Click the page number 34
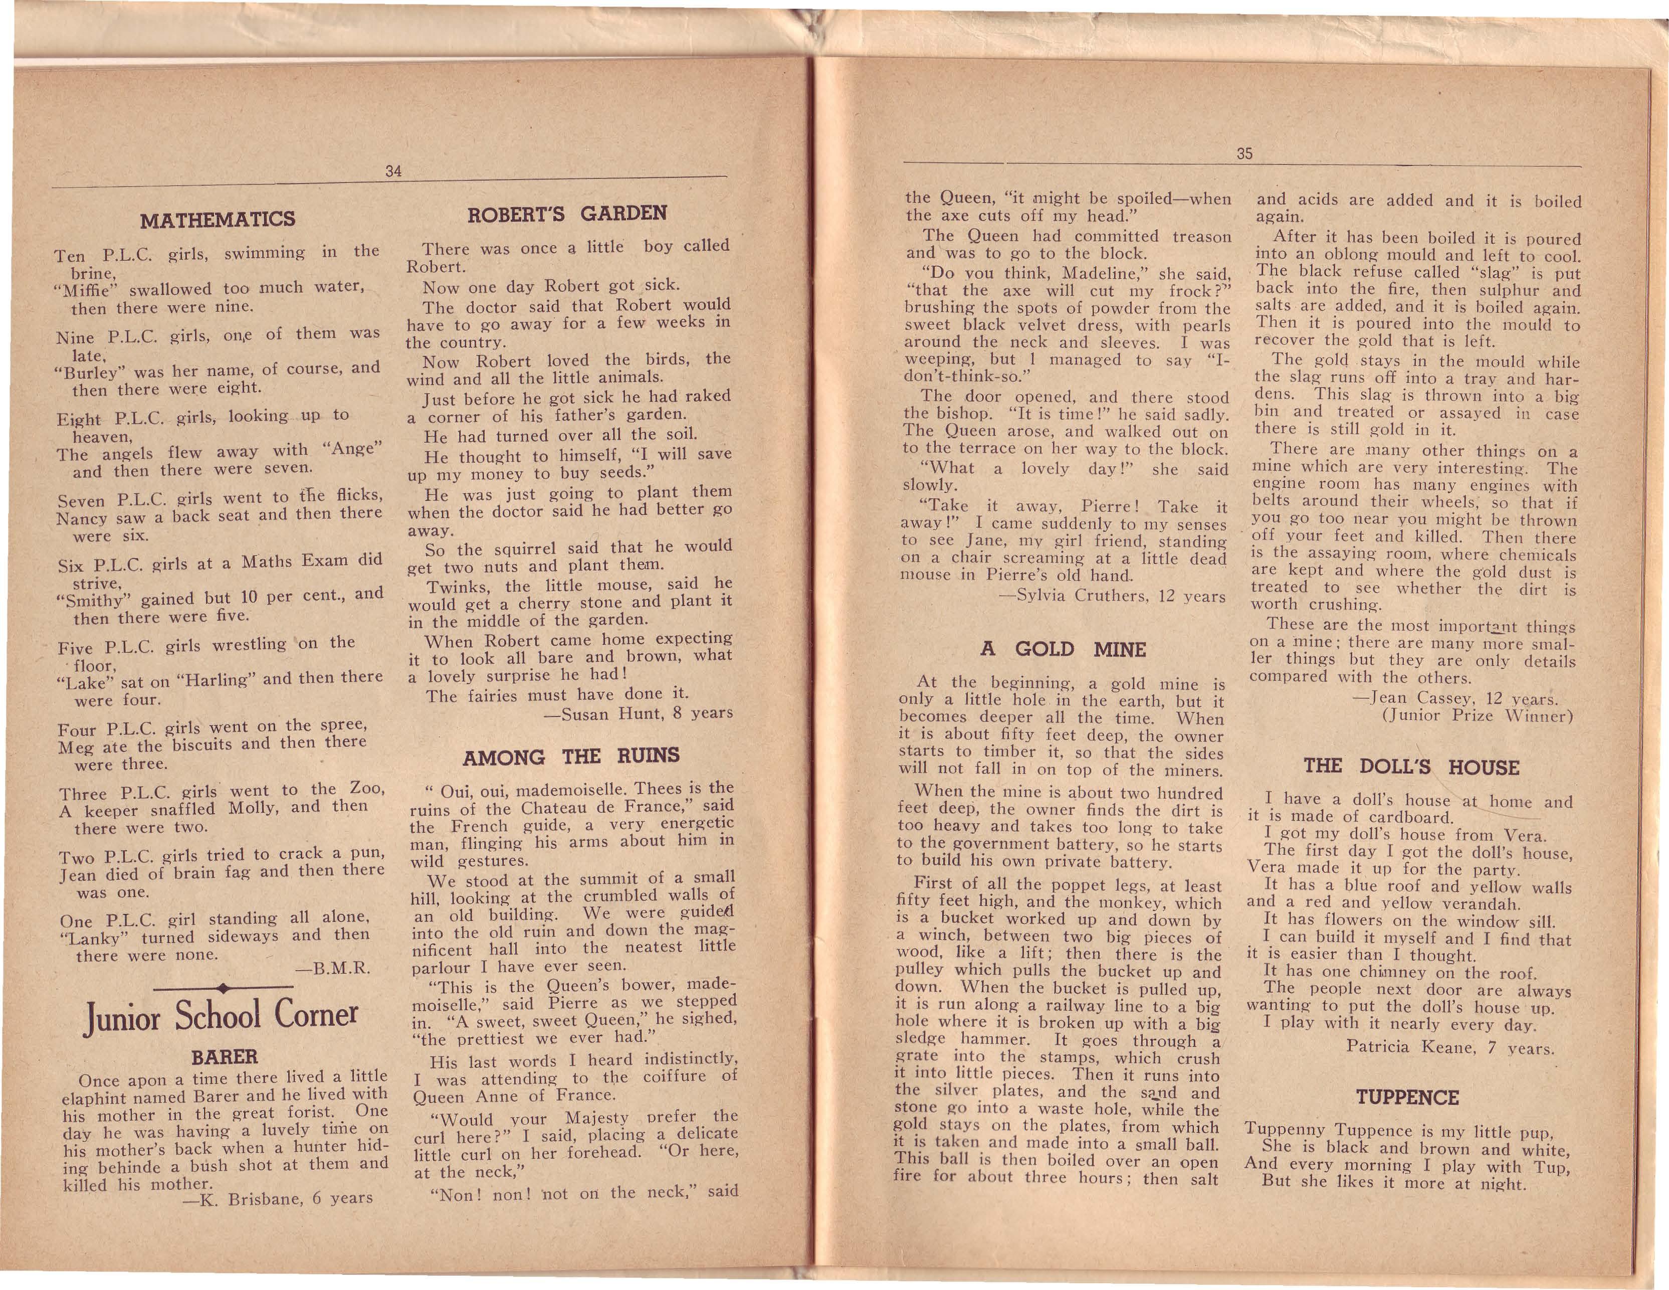[x=393, y=171]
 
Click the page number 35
[x=1244, y=153]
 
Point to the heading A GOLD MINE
[x=1063, y=650]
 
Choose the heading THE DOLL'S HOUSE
[x=1411, y=767]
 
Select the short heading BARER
[x=225, y=1057]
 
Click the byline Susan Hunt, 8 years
[x=638, y=714]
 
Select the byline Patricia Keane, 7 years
[x=1449, y=1048]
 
